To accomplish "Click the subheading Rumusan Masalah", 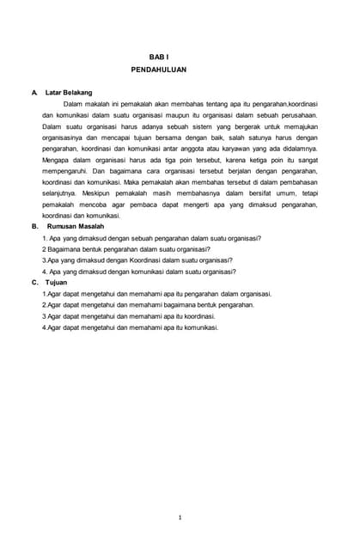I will click(82, 227).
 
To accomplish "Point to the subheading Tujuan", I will click(56, 283).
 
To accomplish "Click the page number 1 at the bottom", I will click(180, 517).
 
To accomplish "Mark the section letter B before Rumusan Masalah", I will click(34, 227).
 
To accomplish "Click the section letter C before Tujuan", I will click(34, 283).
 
